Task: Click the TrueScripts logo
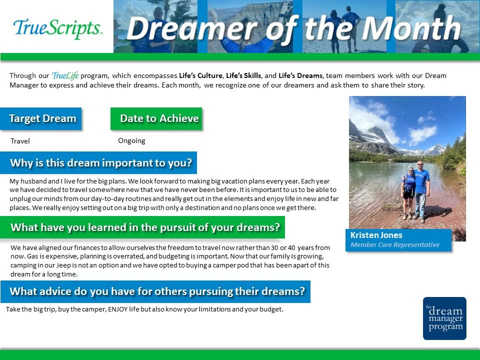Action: (57, 28)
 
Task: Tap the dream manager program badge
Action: (444, 318)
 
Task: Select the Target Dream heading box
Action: (40, 119)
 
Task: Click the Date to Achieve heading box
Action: (156, 119)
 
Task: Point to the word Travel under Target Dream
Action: (20, 141)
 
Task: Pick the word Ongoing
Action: (131, 141)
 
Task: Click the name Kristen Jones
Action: (376, 235)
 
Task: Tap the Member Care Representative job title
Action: (395, 244)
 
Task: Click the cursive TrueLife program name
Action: (65, 75)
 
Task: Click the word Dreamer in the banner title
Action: (192, 28)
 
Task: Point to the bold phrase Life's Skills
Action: (243, 75)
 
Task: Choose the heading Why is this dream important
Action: (101, 163)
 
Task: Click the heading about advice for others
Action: (157, 291)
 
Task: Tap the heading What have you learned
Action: (145, 227)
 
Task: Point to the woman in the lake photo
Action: (408, 193)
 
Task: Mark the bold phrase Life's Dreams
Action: (300, 75)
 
